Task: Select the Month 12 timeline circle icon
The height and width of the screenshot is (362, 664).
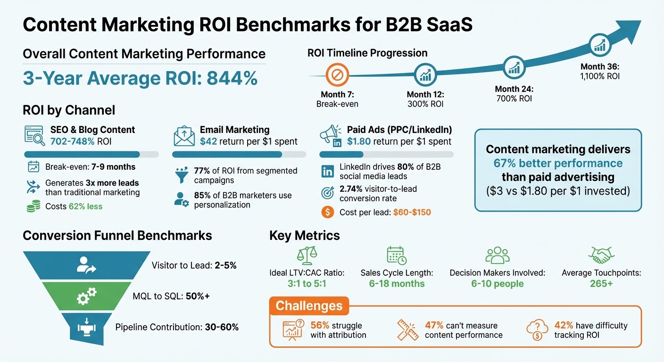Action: point(425,74)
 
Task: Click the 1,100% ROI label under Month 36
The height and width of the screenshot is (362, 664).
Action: point(600,76)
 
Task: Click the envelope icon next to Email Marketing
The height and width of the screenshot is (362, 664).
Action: point(184,136)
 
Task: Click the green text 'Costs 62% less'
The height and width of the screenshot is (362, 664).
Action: point(74,206)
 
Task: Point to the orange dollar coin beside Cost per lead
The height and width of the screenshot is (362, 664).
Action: point(327,212)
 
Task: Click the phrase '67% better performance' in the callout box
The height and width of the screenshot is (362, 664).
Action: point(558,164)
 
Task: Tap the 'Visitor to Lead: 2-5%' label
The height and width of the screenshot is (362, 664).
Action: point(194,265)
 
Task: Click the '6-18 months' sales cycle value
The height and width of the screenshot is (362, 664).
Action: point(397,284)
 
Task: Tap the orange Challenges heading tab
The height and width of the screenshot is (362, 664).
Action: point(309,306)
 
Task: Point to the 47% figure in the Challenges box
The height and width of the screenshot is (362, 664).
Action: point(434,325)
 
